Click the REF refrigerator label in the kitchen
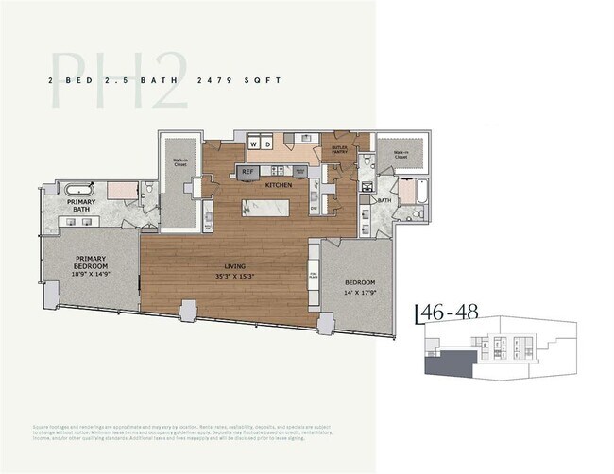(247, 172)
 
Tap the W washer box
(254, 144)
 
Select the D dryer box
(267, 144)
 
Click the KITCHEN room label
(279, 185)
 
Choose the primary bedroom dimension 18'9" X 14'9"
(92, 276)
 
